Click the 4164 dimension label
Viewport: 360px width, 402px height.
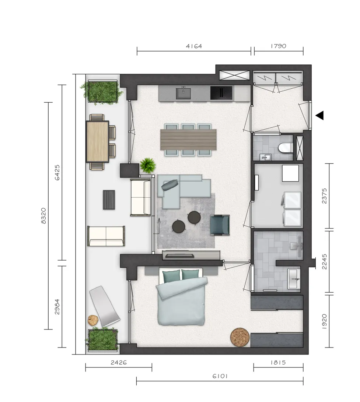click(194, 46)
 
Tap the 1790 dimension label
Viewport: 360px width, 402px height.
click(279, 46)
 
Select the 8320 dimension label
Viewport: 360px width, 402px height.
click(43, 216)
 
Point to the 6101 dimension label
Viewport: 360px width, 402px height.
click(220, 376)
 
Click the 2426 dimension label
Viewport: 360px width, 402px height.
click(119, 363)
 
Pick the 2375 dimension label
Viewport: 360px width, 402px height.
click(324, 196)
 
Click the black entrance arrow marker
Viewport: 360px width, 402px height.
click(319, 115)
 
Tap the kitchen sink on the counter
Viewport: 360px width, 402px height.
click(183, 93)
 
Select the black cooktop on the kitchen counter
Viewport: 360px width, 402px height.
click(221, 93)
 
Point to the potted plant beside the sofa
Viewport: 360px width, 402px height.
click(148, 165)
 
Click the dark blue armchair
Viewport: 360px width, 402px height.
click(220, 225)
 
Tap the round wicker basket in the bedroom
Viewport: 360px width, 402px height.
click(240, 337)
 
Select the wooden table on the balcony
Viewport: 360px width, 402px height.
click(97, 141)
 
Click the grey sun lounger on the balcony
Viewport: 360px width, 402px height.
click(104, 306)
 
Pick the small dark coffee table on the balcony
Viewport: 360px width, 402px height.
click(109, 200)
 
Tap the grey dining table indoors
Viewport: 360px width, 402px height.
click(188, 140)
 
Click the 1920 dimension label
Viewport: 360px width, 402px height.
click(324, 321)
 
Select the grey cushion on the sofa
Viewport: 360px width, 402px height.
click(169, 184)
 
